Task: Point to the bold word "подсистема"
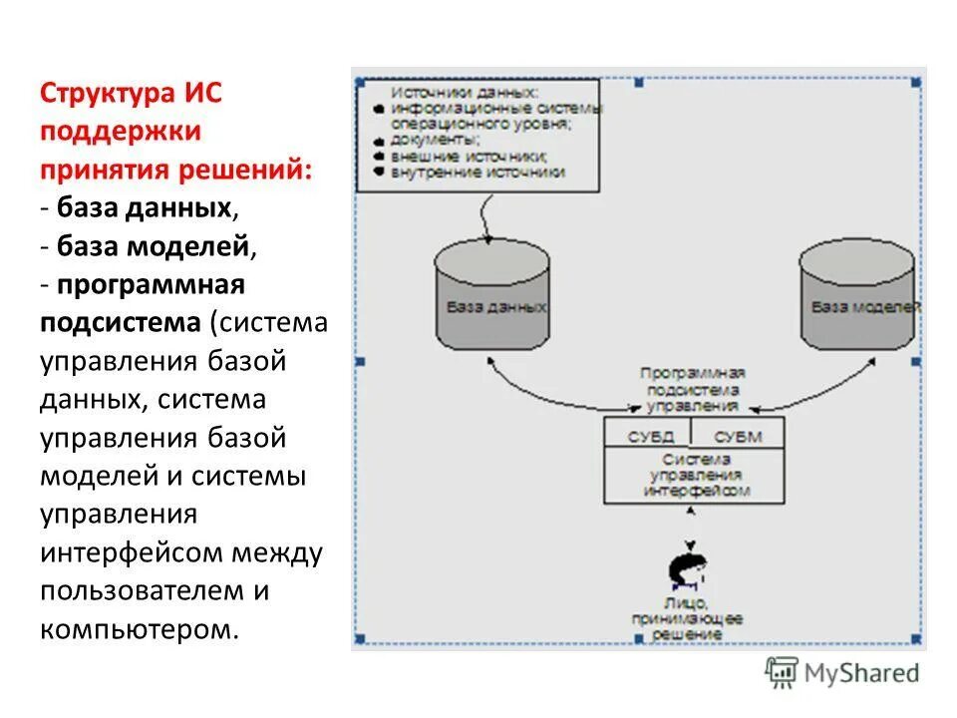[x=121, y=322]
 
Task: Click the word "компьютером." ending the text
[x=141, y=629]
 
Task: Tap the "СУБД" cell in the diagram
[x=650, y=436]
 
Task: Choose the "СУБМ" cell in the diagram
[x=738, y=436]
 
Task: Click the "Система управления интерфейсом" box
[x=695, y=476]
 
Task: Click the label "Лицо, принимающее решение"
[x=688, y=618]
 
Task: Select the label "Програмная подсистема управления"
[x=694, y=389]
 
